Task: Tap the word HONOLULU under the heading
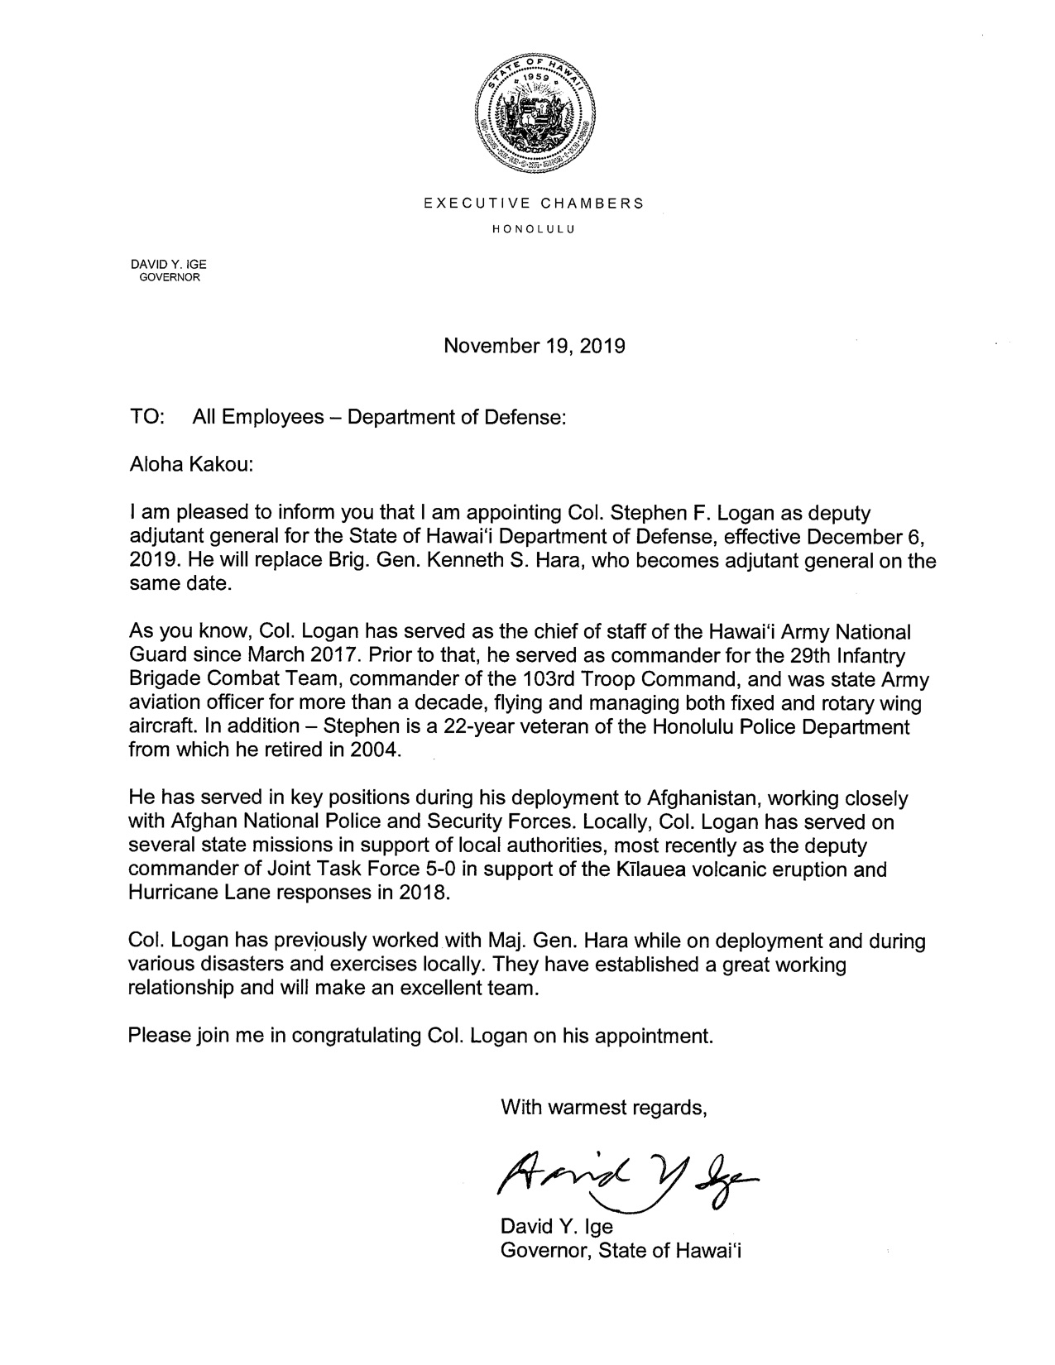point(534,227)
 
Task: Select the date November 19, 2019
point(535,346)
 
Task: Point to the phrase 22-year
point(504,727)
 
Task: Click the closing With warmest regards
point(604,1108)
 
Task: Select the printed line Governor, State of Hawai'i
point(621,1251)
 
